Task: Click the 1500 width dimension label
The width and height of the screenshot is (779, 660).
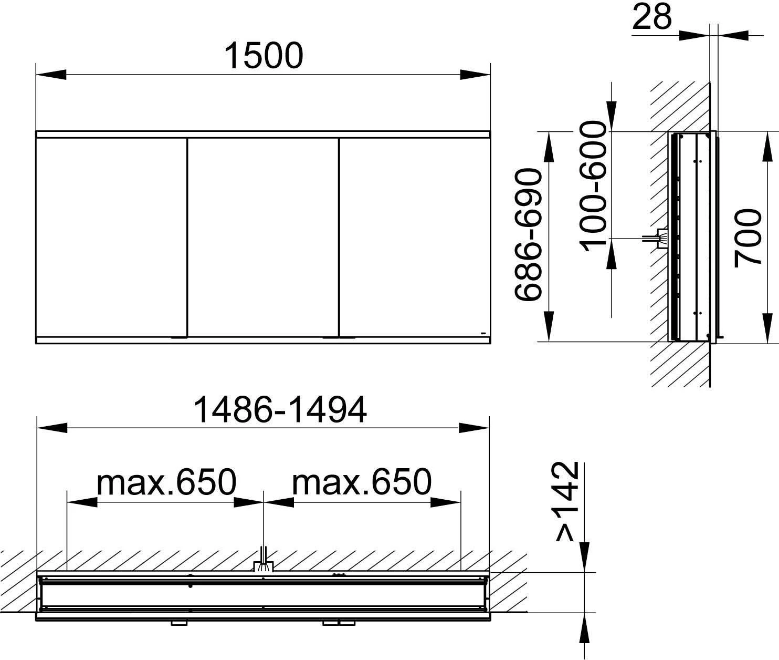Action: tap(264, 56)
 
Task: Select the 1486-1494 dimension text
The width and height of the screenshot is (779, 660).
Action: tap(280, 410)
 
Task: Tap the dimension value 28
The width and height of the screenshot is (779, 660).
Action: tap(651, 17)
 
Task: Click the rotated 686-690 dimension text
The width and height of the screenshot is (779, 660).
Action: tap(529, 235)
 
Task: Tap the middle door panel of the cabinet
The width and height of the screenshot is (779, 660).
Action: tap(263, 237)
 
